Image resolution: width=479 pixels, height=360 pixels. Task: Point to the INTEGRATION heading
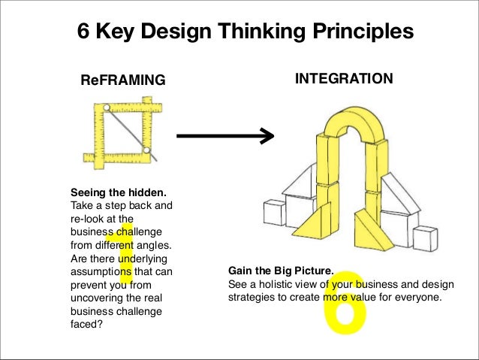coord(343,77)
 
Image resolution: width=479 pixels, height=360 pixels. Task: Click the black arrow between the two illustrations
coord(224,136)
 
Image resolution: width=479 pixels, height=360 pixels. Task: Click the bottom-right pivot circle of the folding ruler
coord(148,155)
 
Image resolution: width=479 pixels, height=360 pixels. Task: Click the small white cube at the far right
coord(426,240)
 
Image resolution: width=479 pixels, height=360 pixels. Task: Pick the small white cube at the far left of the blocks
coord(272,213)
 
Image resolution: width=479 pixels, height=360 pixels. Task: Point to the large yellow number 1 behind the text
coord(125,252)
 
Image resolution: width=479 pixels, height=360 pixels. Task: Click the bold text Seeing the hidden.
coord(117,191)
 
